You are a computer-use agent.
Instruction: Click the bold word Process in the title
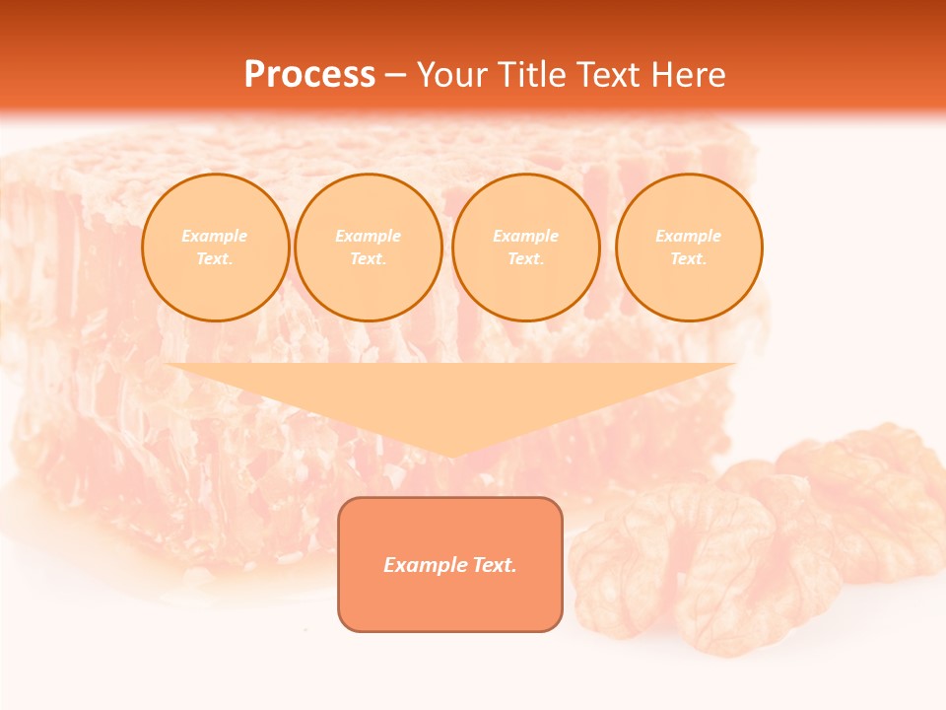click(309, 75)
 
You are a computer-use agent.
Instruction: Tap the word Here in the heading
click(688, 75)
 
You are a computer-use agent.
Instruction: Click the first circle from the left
click(215, 247)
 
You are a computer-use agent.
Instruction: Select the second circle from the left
click(368, 247)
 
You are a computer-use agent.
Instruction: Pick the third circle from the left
click(525, 247)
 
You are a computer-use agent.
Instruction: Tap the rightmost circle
click(689, 247)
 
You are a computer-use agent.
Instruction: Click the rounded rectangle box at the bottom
click(450, 564)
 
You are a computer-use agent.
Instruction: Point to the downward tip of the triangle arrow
click(450, 455)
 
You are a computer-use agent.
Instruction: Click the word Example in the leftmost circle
click(215, 236)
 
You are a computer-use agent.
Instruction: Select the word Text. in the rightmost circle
click(689, 258)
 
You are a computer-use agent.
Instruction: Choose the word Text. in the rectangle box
click(494, 565)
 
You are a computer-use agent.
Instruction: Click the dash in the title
click(396, 75)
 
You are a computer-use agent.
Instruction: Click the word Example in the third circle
click(525, 236)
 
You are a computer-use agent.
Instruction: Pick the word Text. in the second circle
click(368, 258)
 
